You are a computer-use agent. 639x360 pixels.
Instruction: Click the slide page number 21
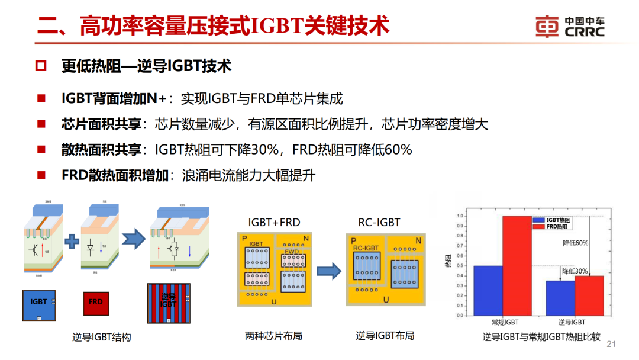[612, 344]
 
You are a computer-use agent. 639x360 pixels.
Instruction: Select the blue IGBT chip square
[39, 305]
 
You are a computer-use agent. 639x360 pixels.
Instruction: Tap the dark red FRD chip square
[96, 302]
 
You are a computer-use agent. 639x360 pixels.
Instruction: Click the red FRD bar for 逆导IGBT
[589, 295]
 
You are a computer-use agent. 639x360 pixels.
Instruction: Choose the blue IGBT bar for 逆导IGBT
[560, 297]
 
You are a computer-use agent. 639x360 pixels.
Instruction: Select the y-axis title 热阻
[448, 263]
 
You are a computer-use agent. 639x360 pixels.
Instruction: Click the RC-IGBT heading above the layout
[379, 223]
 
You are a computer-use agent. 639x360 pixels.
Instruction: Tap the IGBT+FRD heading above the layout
[274, 223]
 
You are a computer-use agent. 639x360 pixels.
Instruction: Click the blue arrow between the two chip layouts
[329, 271]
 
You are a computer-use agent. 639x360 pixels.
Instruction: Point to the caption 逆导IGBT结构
[101, 337]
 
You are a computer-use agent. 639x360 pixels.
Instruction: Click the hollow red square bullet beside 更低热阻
[40, 66]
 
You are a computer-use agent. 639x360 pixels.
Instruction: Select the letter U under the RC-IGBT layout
[386, 300]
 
